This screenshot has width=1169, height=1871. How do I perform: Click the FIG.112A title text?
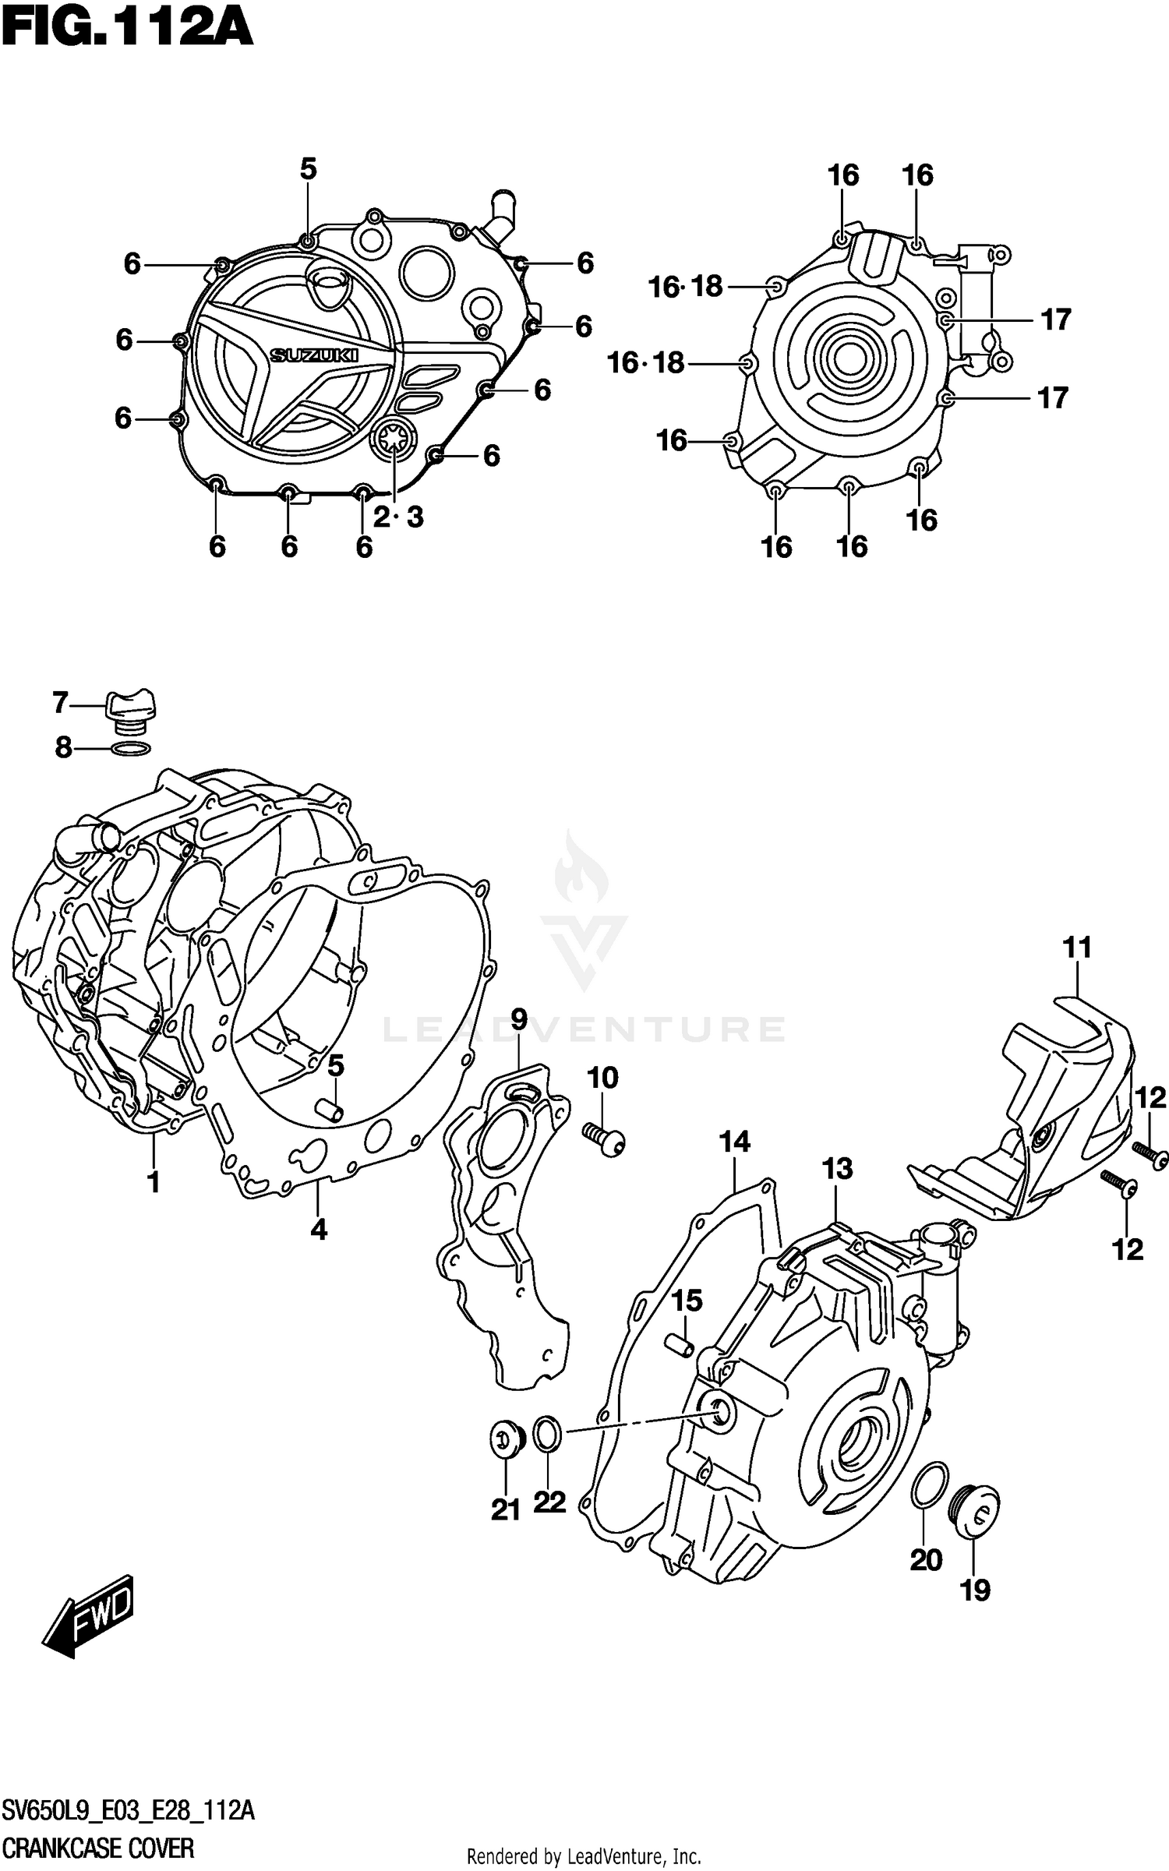127,29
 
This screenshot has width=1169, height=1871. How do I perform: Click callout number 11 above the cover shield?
1077,948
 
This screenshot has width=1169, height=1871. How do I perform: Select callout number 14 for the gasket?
734,1142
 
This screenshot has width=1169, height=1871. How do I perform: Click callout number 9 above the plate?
519,1018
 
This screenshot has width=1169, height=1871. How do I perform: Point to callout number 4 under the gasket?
318,1230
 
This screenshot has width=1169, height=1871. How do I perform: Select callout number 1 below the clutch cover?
154,1182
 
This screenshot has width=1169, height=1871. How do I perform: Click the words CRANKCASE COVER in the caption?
98,1841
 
